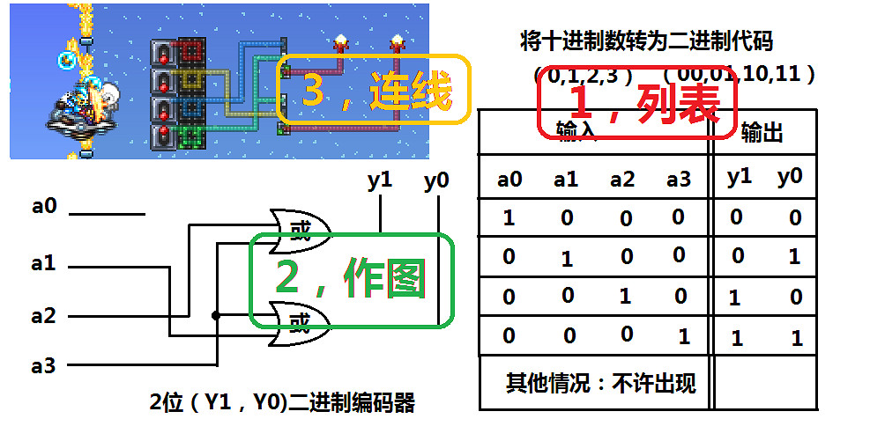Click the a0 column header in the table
[509, 180]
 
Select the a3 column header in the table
[678, 180]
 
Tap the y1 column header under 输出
[739, 176]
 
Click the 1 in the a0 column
[509, 217]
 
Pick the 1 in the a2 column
[624, 295]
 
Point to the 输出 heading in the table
[762, 133]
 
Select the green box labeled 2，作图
[350, 280]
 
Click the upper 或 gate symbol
[301, 232]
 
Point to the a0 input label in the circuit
[44, 207]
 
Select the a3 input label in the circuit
[44, 364]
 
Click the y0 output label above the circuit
[436, 182]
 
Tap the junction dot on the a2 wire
[216, 316]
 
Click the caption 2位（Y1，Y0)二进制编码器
[281, 404]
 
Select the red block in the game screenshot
[191, 52]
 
